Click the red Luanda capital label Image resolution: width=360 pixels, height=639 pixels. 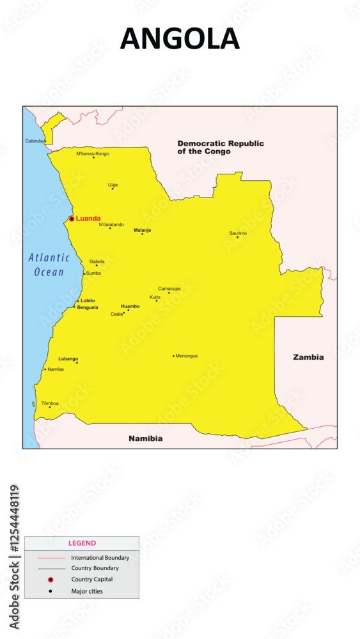click(88, 219)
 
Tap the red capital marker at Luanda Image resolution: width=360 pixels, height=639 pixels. click(72, 219)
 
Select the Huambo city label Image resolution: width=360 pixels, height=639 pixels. click(130, 306)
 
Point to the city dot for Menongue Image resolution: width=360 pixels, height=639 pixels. click(173, 356)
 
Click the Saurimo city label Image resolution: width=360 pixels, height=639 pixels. click(238, 233)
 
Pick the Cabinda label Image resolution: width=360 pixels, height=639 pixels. click(35, 141)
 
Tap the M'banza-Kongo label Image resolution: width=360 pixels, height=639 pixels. click(93, 153)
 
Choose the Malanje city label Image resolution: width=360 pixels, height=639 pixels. click(142, 229)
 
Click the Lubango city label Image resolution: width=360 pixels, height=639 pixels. click(68, 358)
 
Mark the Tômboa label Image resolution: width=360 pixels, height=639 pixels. click(50, 403)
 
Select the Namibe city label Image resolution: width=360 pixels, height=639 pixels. click(56, 369)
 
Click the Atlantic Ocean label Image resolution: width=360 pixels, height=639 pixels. click(49, 265)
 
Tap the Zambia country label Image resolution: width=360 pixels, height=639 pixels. click(308, 357)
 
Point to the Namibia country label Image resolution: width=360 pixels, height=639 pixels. click(145, 438)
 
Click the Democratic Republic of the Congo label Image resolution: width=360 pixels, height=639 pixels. click(221, 148)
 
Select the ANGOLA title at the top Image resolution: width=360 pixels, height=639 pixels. click(180, 40)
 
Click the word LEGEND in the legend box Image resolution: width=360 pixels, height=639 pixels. click(82, 543)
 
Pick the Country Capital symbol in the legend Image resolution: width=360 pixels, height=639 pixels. click(51, 580)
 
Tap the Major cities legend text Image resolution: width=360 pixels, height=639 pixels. click(87, 591)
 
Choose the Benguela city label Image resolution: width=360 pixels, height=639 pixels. click(88, 307)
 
